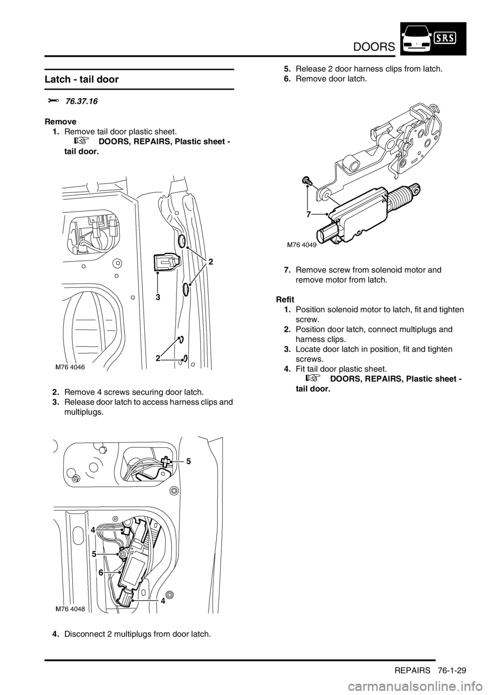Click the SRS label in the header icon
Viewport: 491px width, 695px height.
[x=446, y=38]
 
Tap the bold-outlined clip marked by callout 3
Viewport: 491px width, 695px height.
[x=166, y=265]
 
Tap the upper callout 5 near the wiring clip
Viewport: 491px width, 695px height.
[x=188, y=461]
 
